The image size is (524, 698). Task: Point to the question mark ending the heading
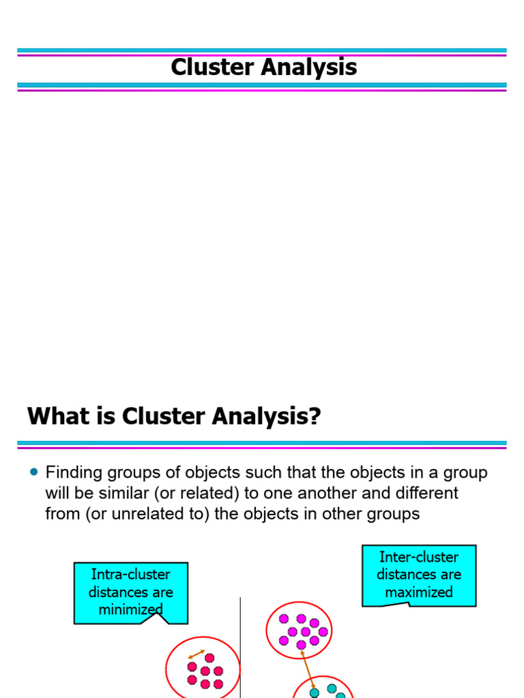314,415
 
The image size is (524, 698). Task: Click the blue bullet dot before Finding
34,472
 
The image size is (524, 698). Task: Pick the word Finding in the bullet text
73,472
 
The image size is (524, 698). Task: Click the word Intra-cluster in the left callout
130,575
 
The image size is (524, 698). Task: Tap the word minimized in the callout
130,609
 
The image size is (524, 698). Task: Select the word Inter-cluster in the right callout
418,557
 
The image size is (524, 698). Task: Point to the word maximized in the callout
418,592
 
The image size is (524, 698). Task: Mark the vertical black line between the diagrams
240,648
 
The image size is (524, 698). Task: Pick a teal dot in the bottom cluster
332,688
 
